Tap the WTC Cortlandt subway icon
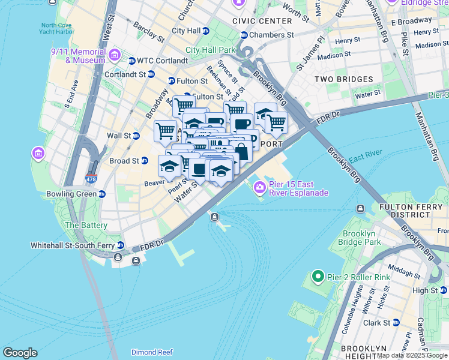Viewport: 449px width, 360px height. point(132,60)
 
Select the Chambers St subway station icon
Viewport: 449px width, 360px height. point(244,35)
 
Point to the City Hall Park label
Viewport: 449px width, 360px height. point(211,50)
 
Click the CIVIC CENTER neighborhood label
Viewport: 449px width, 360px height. point(262,21)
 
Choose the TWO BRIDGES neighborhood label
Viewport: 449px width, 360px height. point(344,79)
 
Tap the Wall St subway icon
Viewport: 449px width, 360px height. point(144,136)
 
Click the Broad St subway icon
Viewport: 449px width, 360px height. point(145,161)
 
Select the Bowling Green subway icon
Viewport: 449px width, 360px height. point(102,194)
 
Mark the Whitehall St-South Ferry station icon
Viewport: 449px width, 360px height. point(121,246)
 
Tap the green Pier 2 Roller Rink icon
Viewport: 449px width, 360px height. point(316,277)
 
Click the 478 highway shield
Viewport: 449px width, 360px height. point(91,179)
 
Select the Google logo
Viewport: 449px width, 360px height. point(20,353)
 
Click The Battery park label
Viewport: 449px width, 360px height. point(86,226)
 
